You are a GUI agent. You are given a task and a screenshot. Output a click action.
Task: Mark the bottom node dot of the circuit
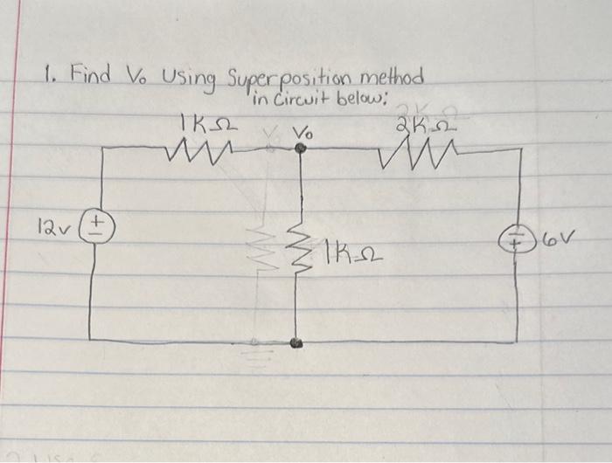(299, 342)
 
